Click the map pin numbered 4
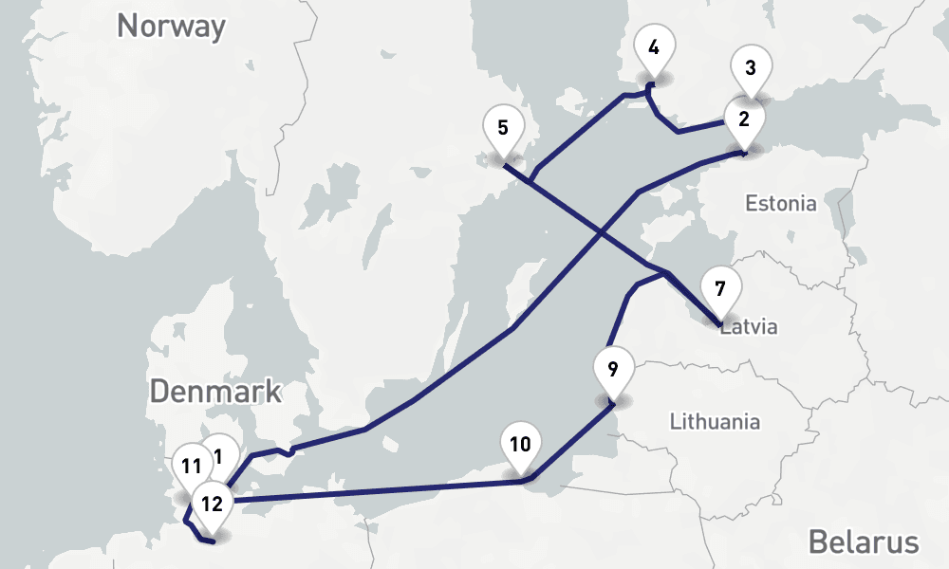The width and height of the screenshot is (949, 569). pyautogui.click(x=654, y=46)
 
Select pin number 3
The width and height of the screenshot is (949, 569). pyautogui.click(x=751, y=69)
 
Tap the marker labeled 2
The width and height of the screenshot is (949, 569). pyautogui.click(x=743, y=119)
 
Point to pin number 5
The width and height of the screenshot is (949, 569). pyautogui.click(x=502, y=128)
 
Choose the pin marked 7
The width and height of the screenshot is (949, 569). pyautogui.click(x=720, y=288)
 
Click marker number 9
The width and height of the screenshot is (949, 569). pyautogui.click(x=612, y=368)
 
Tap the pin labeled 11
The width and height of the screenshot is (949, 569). pyautogui.click(x=191, y=467)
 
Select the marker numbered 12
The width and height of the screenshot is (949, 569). pyautogui.click(x=212, y=504)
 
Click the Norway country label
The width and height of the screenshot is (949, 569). pyautogui.click(x=171, y=27)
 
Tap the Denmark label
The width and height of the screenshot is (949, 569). pyautogui.click(x=215, y=391)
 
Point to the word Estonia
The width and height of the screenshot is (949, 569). pyautogui.click(x=780, y=203)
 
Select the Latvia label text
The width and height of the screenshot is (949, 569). pyautogui.click(x=750, y=328)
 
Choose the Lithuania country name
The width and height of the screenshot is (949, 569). pyautogui.click(x=715, y=420)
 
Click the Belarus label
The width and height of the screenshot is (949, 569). pyautogui.click(x=864, y=542)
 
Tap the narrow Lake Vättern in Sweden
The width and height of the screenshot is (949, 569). pyautogui.click(x=380, y=228)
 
